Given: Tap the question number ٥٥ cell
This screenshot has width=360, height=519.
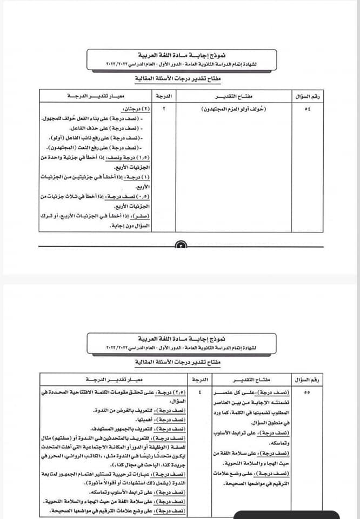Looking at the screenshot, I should (x=307, y=392).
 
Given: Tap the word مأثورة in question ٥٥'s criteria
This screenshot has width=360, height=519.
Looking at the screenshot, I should (x=69, y=481).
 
